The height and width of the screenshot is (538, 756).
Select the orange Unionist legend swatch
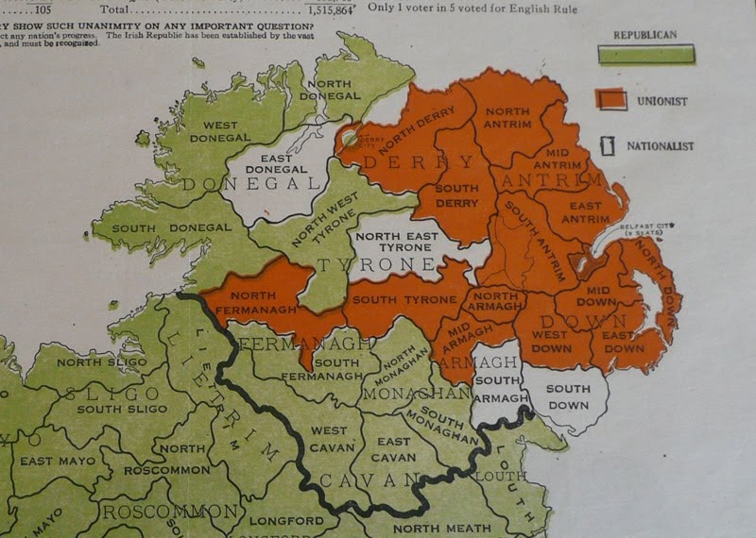tap(613, 98)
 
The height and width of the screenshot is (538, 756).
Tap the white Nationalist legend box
tap(610, 146)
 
